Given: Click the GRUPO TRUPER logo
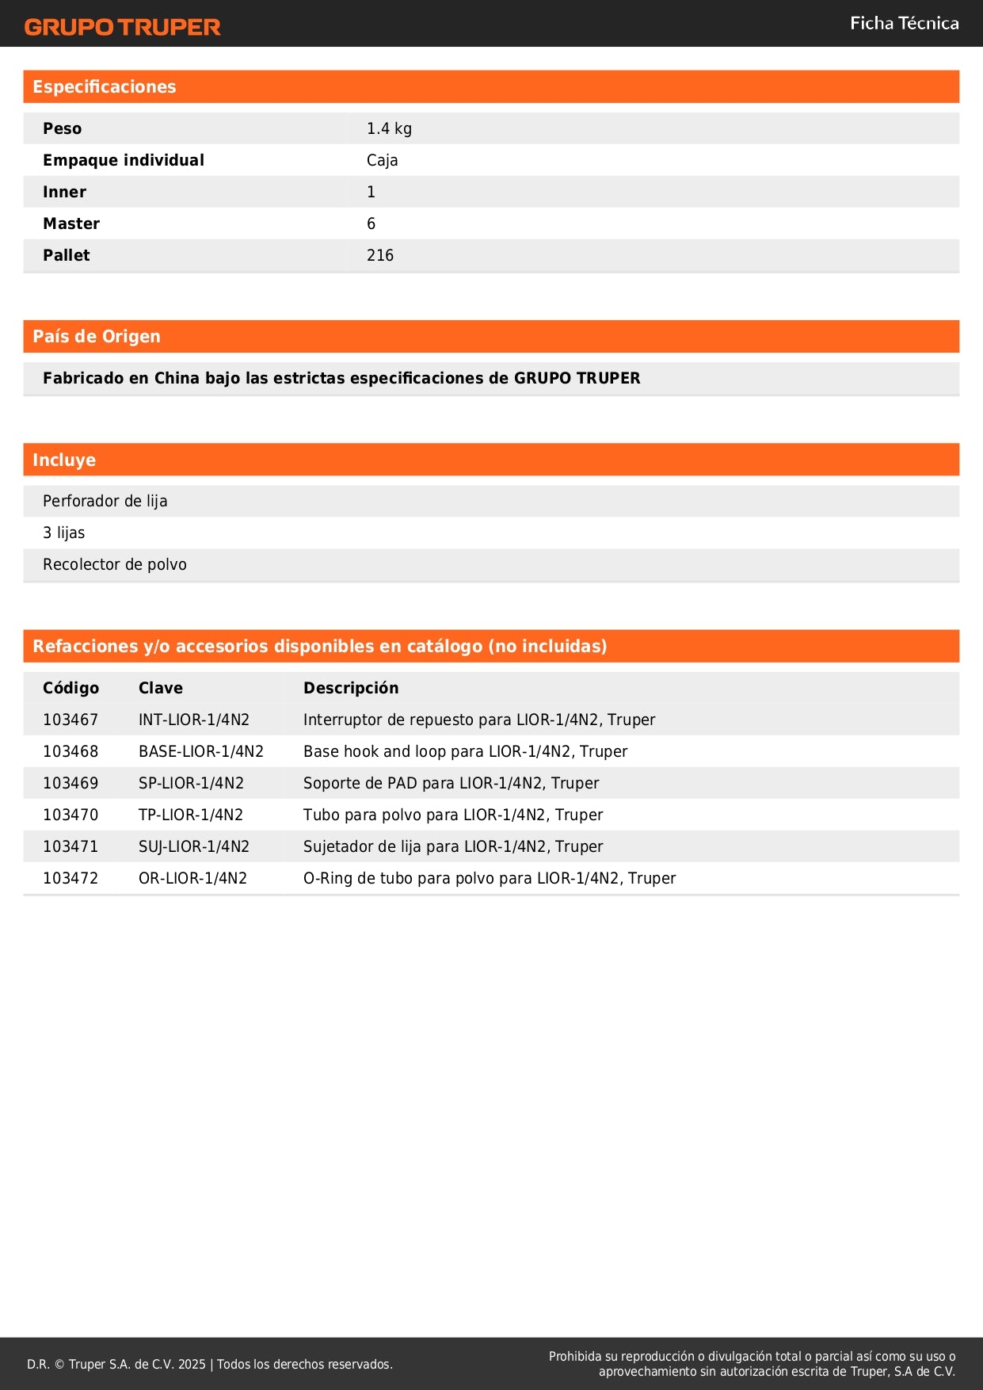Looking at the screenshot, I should coord(122,27).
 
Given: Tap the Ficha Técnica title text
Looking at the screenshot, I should coord(904,24).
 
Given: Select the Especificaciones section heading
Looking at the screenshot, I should coord(105,87).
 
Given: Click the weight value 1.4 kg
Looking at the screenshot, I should coord(389,128).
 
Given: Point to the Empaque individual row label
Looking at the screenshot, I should coord(124,160).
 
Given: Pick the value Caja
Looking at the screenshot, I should coord(382,160).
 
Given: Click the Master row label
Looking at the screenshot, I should coord(71,223).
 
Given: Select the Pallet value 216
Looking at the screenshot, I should coord(380,255).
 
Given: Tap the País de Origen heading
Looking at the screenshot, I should coord(97,337).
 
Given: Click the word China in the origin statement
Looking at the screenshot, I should coord(177,378).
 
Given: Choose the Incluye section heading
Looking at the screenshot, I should coord(64,460).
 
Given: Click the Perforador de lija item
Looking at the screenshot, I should coord(105,501).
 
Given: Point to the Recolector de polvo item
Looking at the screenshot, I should coord(115,564).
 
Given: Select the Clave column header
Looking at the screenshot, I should coord(161,688).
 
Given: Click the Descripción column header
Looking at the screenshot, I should coord(351,688).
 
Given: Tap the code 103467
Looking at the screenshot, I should coord(70,720).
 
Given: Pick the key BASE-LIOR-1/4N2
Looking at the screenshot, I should coord(201,751).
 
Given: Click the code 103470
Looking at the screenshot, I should coord(70,815).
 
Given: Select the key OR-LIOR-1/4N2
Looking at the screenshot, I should coord(192,878).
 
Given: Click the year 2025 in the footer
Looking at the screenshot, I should coord(192,1364).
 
